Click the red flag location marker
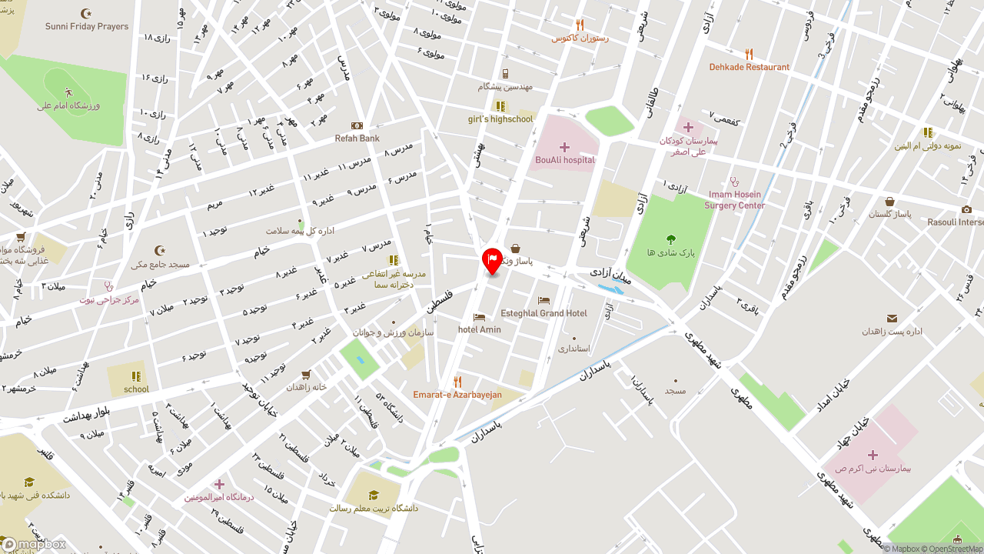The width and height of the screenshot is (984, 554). coord(492,260)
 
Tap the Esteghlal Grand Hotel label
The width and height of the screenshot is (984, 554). coord(544,313)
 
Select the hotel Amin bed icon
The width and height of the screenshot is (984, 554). coord(480,317)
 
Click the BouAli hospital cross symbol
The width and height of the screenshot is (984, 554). coord(564,147)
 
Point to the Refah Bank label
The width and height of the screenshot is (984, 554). coord(357,138)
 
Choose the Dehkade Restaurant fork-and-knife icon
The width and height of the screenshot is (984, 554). coord(749,54)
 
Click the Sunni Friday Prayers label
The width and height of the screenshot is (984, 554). coord(87,26)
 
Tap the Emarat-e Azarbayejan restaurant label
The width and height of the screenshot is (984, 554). coord(457,395)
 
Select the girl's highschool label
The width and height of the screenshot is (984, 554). coord(500,119)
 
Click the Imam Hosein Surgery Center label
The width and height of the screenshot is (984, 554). coord(735,200)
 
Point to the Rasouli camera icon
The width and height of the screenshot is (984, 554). coord(967,209)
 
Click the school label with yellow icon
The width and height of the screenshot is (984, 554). coord(136,389)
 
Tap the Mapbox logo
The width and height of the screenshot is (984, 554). coord(34,545)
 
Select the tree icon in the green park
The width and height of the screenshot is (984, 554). coord(671,239)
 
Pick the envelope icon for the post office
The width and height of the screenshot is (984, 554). coord(892,319)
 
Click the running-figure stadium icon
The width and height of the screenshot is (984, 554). coord(69,92)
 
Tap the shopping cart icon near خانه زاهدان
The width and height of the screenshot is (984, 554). coord(306,375)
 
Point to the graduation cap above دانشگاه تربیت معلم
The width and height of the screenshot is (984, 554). coord(374,495)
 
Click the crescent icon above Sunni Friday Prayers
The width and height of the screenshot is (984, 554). coord(86,13)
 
